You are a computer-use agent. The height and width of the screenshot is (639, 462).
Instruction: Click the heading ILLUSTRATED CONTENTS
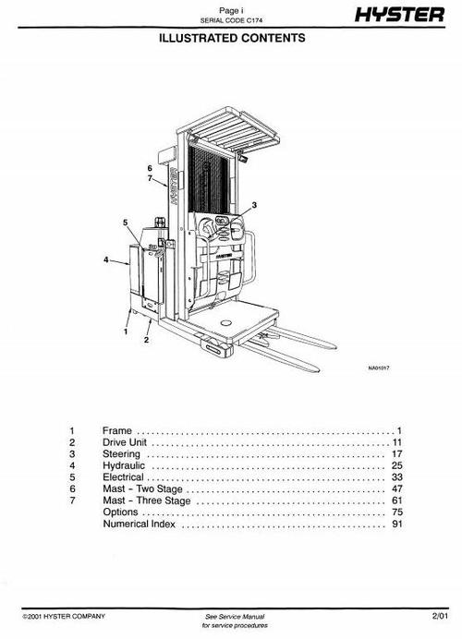(x=231, y=40)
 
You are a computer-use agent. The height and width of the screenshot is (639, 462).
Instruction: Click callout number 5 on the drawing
(x=124, y=223)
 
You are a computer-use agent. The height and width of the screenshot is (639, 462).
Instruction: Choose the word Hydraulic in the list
(x=124, y=467)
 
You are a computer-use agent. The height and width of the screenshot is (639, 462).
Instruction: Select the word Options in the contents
(x=120, y=512)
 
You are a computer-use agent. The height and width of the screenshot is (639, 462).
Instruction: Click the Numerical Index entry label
(x=139, y=524)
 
